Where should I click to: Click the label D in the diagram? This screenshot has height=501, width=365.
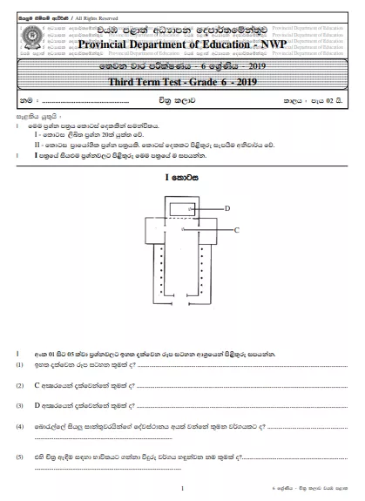(227, 209)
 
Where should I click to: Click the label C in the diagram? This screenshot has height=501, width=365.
(238, 229)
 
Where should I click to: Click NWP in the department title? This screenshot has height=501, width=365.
(269, 44)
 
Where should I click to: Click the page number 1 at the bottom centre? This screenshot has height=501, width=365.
(181, 491)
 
